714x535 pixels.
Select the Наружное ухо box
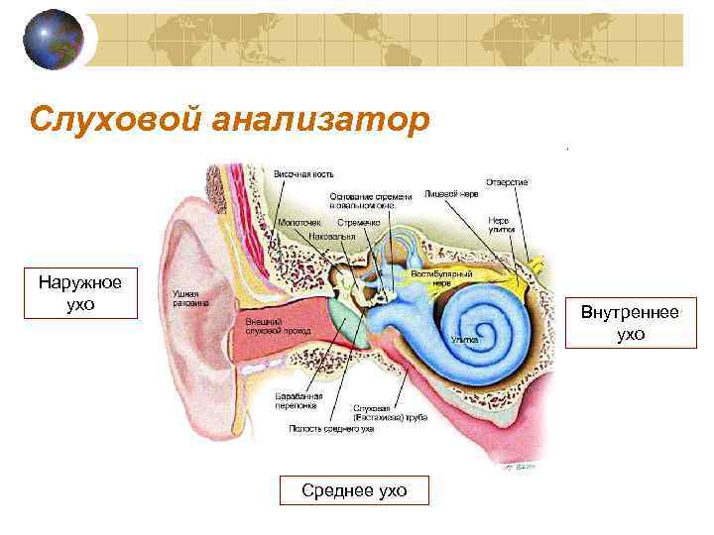(x=80, y=293)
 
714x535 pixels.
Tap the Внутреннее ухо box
(x=630, y=324)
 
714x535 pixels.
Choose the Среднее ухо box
(x=354, y=490)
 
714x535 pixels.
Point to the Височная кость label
(x=302, y=174)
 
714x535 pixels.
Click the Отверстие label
(x=507, y=181)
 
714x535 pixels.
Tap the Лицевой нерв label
(x=451, y=194)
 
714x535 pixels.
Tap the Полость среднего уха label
(x=331, y=429)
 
